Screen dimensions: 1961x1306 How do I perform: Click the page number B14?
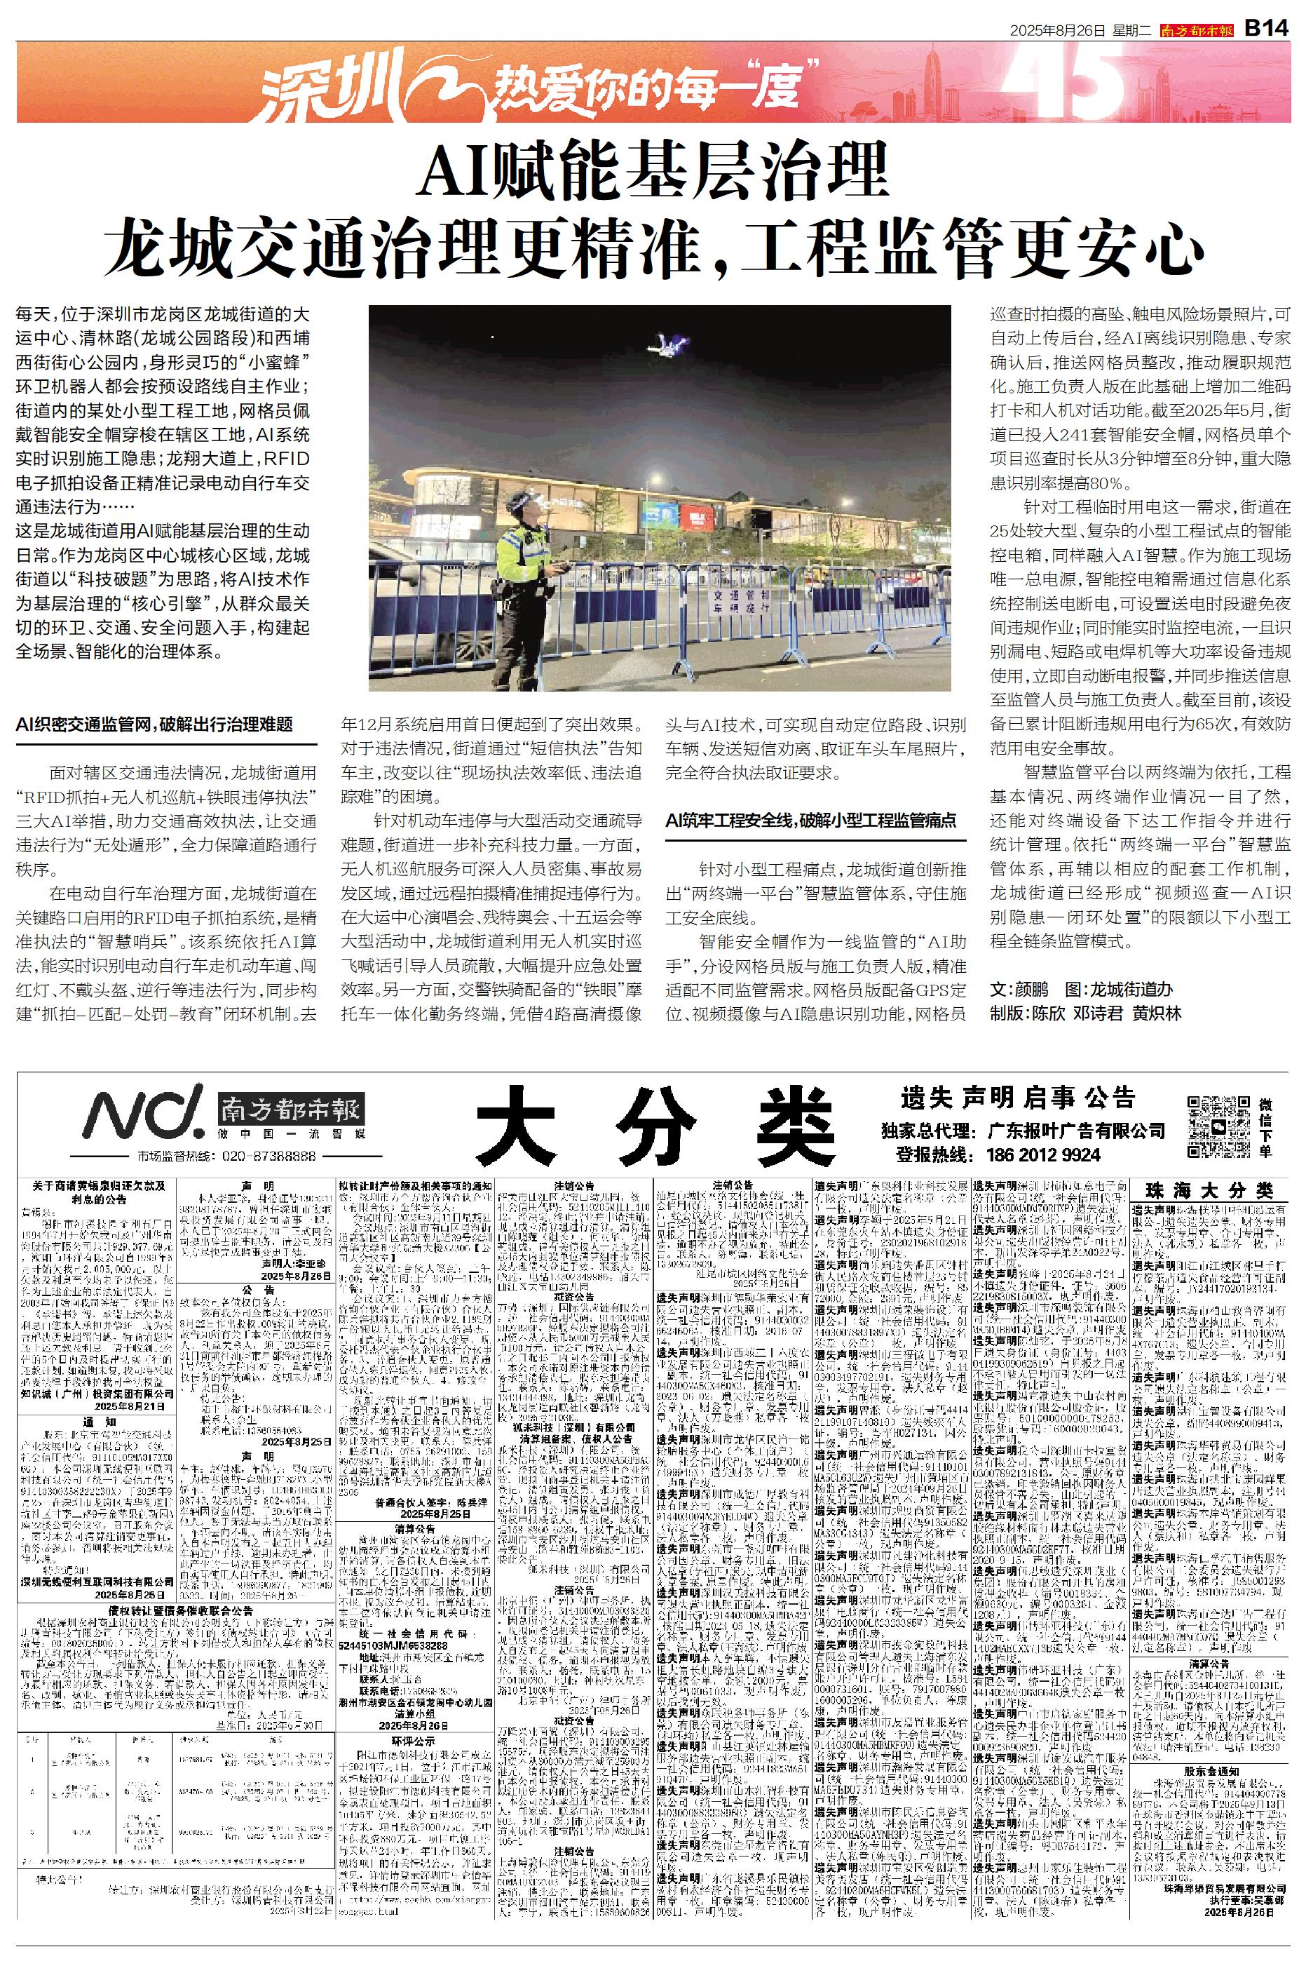[1266, 27]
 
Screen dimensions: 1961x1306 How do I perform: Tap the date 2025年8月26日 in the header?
[1057, 30]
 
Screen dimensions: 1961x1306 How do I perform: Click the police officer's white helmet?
[522, 501]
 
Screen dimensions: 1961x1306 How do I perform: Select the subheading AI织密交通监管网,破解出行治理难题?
[155, 724]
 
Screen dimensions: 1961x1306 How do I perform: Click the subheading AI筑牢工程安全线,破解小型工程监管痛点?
[810, 820]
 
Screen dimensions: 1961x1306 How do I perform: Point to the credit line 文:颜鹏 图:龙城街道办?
[1080, 989]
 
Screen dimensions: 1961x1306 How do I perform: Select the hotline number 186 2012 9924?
[1044, 1154]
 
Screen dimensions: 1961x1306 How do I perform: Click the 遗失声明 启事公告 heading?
[1018, 1097]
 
